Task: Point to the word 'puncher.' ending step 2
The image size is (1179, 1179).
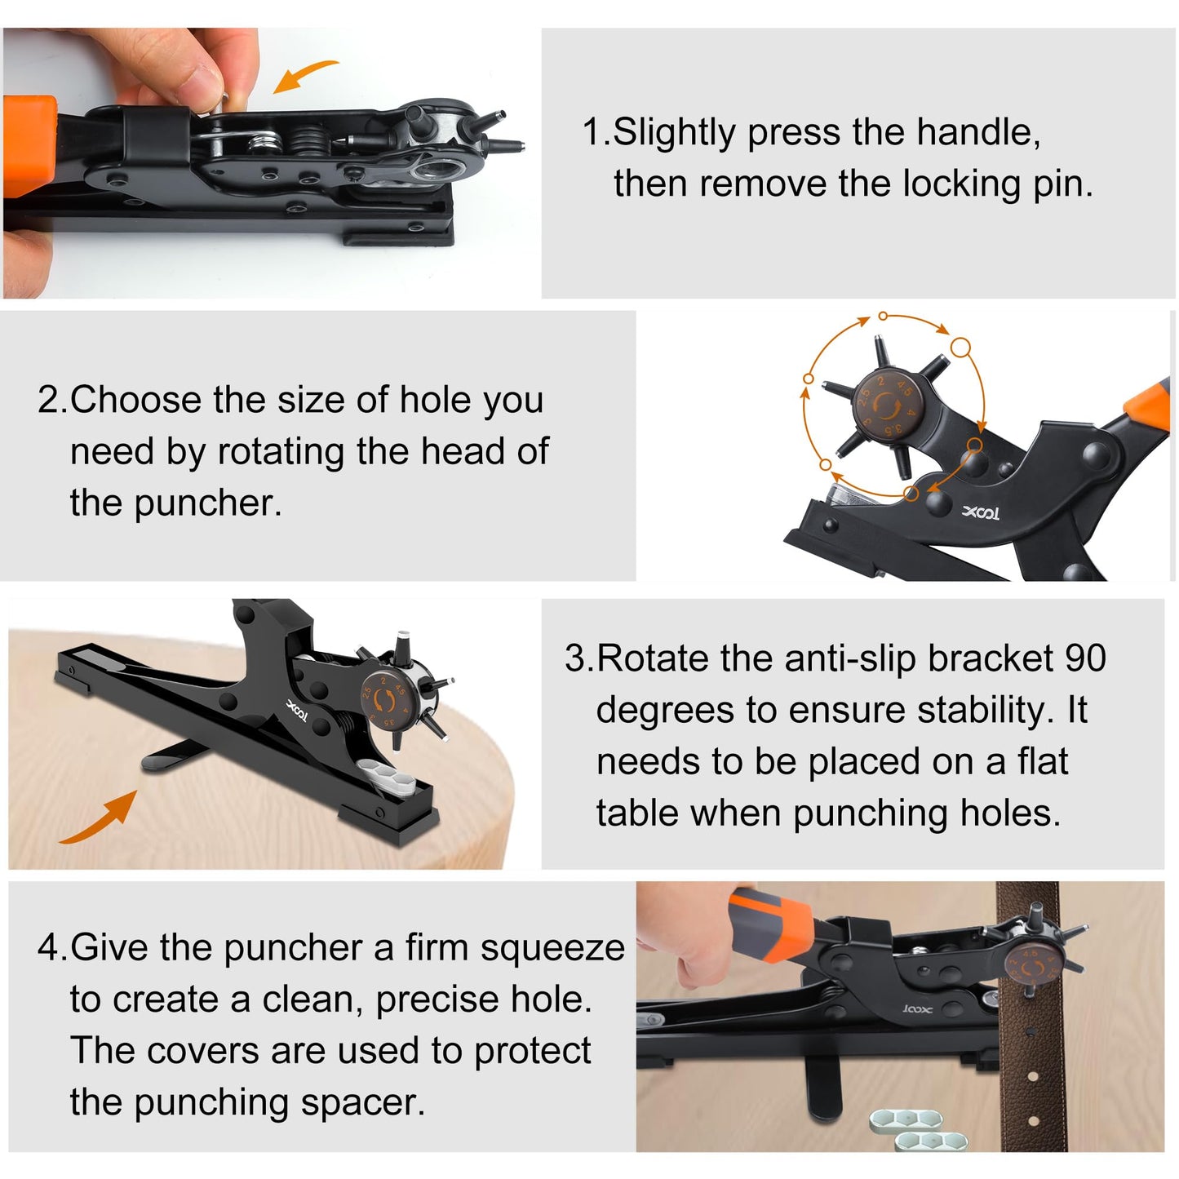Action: click(208, 503)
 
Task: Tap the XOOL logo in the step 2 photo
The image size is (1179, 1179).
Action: click(980, 513)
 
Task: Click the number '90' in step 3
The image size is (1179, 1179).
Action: click(1085, 658)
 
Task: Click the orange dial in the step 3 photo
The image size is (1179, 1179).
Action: click(383, 699)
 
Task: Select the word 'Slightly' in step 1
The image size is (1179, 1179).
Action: click(674, 132)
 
